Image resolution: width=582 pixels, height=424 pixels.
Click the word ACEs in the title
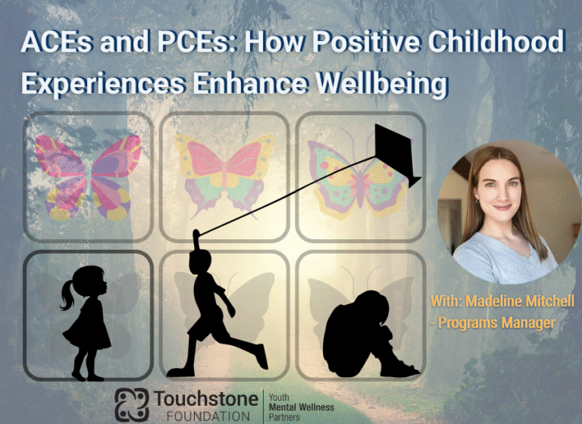[57, 43]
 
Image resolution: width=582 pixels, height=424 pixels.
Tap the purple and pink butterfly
[88, 175]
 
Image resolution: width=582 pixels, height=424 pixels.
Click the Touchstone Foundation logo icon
[131, 405]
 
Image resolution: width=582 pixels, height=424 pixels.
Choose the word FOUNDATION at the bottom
[202, 416]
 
